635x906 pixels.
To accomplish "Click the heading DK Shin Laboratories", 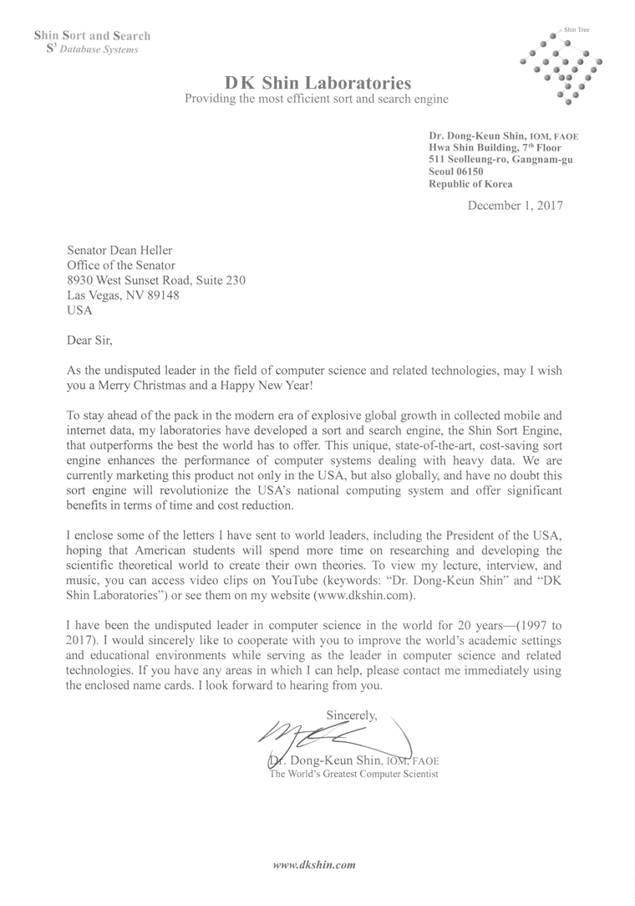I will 317,83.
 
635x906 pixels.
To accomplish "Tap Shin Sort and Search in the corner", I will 92,36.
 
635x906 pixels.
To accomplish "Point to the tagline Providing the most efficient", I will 316,100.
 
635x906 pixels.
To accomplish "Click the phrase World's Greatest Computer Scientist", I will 353,775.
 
